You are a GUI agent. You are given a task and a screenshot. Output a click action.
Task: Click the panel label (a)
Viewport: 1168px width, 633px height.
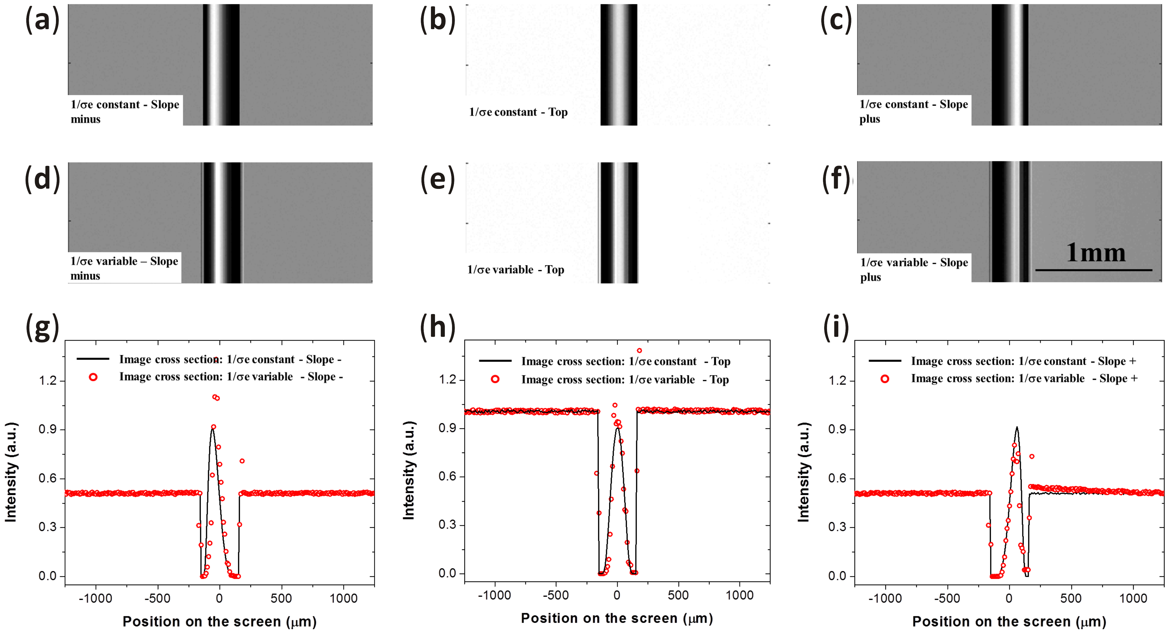42,20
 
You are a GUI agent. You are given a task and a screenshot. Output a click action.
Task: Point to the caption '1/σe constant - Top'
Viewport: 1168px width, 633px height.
518,112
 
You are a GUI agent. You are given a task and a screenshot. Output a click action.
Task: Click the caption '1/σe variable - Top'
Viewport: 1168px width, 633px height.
515,270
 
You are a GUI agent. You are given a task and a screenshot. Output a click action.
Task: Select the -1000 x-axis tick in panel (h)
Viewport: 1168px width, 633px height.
494,595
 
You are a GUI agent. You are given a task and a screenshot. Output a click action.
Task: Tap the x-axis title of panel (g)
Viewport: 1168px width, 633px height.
220,621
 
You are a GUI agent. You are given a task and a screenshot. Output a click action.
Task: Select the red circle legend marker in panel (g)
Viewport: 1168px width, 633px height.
93,377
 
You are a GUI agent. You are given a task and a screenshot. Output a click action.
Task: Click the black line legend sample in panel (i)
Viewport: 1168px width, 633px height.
885,361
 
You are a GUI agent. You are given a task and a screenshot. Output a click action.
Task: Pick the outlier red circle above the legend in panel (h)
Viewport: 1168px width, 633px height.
639,350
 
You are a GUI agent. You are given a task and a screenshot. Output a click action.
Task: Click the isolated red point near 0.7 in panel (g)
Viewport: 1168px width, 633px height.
242,461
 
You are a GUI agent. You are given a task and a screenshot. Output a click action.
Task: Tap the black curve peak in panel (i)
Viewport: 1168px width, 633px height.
1017,428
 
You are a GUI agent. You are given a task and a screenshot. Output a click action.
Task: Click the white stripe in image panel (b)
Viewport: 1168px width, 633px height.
618,63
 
